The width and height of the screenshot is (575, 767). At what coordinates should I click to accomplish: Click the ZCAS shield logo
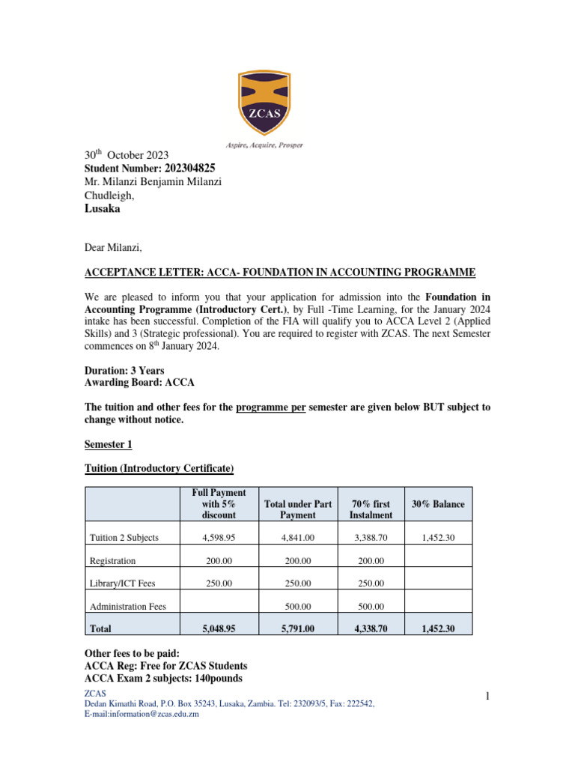click(270, 103)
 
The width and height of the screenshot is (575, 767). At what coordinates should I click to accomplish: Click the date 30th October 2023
click(125, 155)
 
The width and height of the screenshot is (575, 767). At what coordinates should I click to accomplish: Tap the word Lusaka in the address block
click(101, 209)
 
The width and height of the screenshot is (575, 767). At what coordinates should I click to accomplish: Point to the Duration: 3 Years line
click(124, 371)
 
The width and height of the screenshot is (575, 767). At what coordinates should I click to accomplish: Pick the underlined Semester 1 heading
click(108, 444)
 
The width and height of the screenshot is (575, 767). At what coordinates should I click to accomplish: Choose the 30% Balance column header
click(438, 504)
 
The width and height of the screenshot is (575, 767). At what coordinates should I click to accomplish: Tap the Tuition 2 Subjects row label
click(124, 537)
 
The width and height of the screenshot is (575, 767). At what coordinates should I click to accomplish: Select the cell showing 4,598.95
click(219, 537)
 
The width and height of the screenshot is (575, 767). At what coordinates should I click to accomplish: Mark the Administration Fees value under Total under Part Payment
click(297, 607)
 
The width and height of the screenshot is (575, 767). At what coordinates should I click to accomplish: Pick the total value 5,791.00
click(297, 629)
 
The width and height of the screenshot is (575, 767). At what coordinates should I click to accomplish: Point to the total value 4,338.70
click(371, 629)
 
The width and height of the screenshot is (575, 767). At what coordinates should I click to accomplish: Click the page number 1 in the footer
click(487, 697)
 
